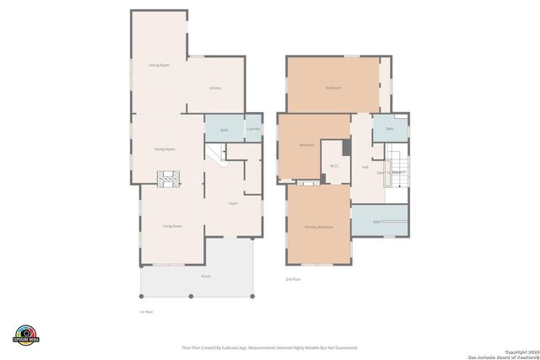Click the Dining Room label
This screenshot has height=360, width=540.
pos(159,65)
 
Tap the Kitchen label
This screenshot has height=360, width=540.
pos(216,88)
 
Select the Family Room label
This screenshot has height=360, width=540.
pos(165,149)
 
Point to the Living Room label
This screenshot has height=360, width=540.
pos(172,226)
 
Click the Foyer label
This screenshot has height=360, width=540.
pos(233,203)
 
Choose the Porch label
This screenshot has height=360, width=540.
pos(206,277)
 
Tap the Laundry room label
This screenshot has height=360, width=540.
pos(253,129)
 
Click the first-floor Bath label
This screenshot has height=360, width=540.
pos(224,130)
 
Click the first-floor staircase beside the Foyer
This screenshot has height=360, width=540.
pos(216,154)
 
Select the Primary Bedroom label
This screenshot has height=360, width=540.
pos(319,228)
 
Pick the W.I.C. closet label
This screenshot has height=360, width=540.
pos(334,165)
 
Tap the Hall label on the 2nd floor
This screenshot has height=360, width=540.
pos(365,167)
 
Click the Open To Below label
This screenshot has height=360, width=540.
pos(391,172)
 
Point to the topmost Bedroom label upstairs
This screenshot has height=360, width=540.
pos(333,88)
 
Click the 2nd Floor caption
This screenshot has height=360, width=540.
pos(293,279)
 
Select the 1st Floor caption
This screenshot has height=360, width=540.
pos(146,312)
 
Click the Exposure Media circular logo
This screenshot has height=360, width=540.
pos(26,335)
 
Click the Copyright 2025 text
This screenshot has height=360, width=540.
pos(521,350)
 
